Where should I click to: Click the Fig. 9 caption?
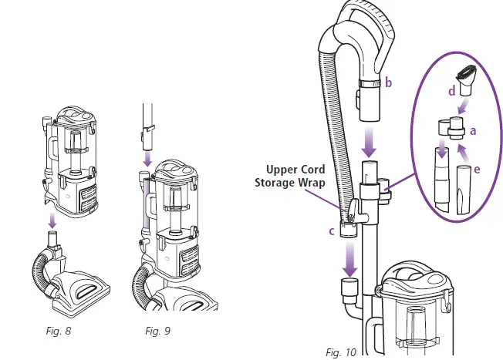(x=158, y=331)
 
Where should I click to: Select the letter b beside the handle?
(x=389, y=83)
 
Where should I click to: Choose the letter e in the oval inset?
(x=478, y=167)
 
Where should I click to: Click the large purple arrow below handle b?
(x=370, y=141)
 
